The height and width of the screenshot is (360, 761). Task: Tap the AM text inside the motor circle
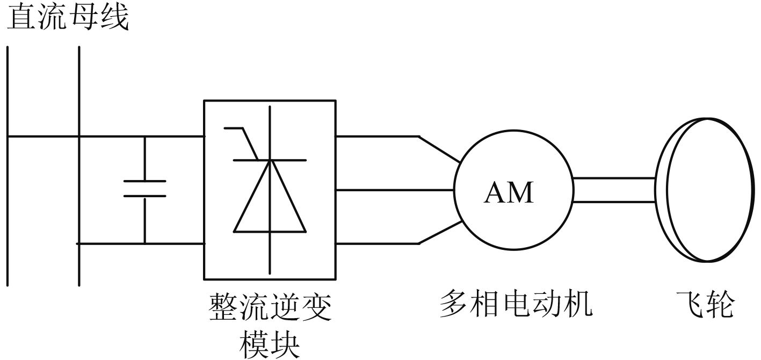coord(509,193)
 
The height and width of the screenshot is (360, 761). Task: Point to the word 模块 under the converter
coord(270,342)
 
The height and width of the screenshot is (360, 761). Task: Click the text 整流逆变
coord(270,307)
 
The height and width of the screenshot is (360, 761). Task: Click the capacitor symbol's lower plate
coord(144,196)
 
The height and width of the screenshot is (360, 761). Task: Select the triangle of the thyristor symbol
coord(270,204)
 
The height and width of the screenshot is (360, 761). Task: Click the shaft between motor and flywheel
coord(613,190)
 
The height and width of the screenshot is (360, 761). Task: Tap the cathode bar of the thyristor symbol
coord(270,160)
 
